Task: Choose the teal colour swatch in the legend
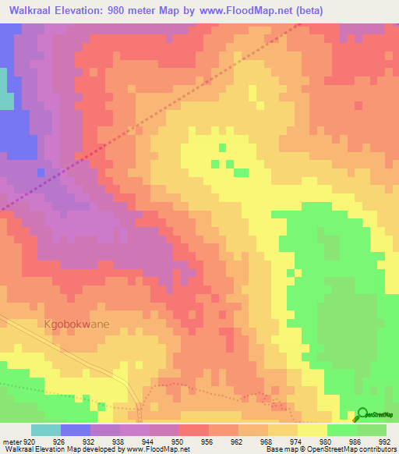click(x=45, y=430)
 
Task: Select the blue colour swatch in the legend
click(x=75, y=430)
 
